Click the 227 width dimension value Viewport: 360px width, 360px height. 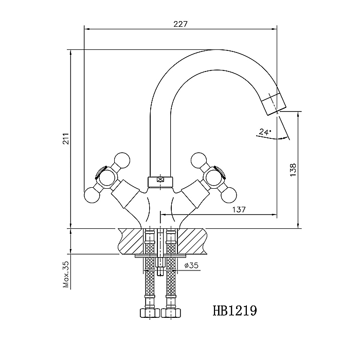tap(181, 24)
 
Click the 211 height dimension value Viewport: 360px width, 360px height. tap(66, 138)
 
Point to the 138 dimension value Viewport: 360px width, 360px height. tap(293, 170)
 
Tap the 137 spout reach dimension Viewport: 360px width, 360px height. tap(239, 209)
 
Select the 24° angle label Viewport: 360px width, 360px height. tap(265, 132)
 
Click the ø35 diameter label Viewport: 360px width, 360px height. tap(191, 265)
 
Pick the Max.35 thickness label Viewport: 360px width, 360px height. tap(66, 274)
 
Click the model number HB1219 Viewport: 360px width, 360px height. tap(235, 311)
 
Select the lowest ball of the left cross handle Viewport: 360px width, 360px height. tap(93, 195)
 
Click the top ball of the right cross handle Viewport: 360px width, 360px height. tap(200, 160)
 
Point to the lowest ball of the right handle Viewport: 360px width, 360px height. tap(228, 195)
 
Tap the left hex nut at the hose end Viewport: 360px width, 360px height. tap(150, 313)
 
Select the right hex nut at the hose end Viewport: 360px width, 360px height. tap(171, 313)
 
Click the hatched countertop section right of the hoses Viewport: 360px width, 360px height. tap(191, 241)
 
